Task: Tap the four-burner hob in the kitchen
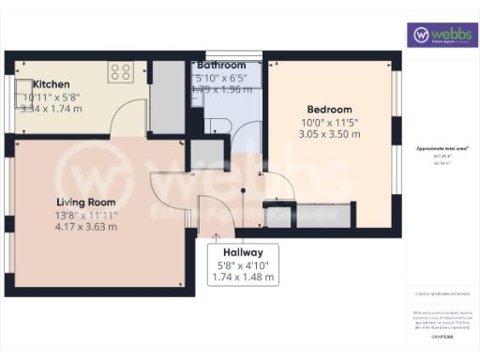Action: pos(120,70)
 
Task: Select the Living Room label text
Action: pos(84,202)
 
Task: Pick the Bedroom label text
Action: pos(329,109)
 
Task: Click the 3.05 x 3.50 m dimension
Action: pos(329,134)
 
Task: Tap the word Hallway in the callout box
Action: pos(243,253)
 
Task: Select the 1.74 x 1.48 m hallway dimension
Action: pos(243,277)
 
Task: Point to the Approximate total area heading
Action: pos(442,149)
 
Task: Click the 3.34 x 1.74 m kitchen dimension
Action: pos(51,108)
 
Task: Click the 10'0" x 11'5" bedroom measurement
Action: pos(329,122)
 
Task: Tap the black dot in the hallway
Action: pos(243,190)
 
